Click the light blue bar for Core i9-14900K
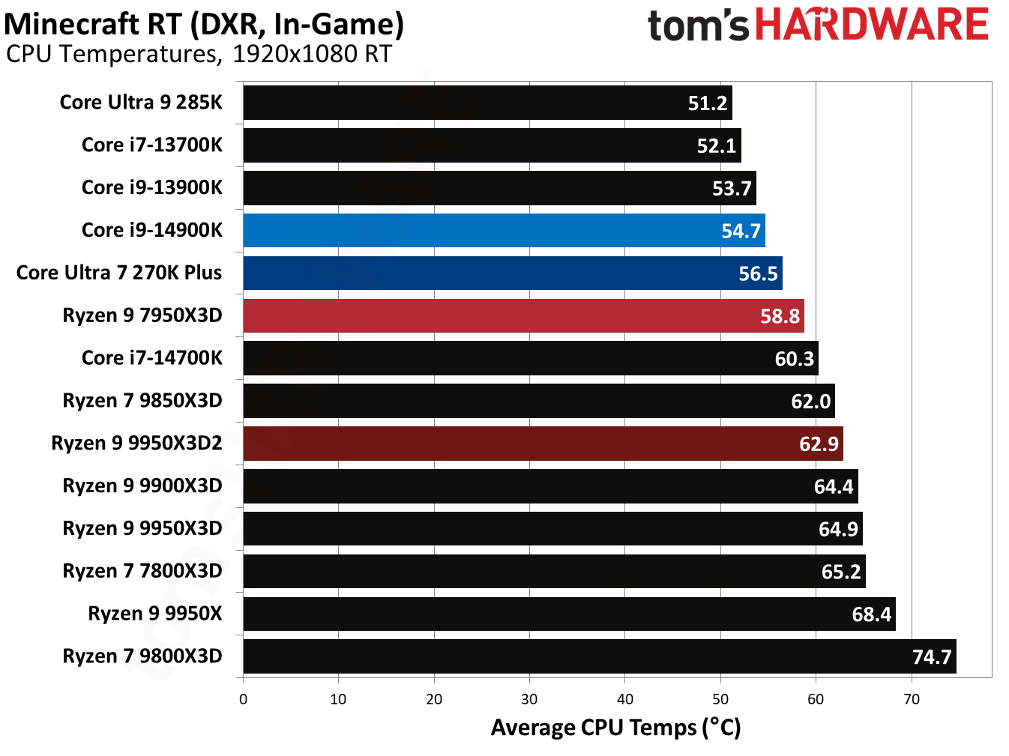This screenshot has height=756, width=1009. coord(504,230)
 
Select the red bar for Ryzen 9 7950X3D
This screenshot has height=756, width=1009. coord(523,315)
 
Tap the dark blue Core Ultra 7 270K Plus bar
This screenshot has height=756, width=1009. coord(513,273)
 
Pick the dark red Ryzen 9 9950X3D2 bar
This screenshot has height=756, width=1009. coord(543,444)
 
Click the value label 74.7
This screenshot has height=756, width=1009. coord(932,657)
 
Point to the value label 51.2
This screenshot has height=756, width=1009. coord(708,103)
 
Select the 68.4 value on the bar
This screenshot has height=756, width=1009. coord(871,614)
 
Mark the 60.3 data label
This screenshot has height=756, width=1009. coord(794,359)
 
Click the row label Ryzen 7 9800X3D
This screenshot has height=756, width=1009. coord(142,656)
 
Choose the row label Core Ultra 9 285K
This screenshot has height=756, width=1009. coord(141,102)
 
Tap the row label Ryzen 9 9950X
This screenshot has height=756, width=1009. coord(155,614)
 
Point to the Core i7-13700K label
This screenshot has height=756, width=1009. coord(152,145)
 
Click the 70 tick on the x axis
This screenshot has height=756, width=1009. coord(912,700)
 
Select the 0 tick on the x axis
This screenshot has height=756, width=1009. coord(243,700)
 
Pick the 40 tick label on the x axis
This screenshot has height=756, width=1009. coord(625,700)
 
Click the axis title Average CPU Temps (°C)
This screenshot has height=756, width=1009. coord(615,728)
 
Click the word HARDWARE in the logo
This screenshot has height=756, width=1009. coord(872,25)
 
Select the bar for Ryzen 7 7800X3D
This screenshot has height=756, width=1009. coord(554,572)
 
